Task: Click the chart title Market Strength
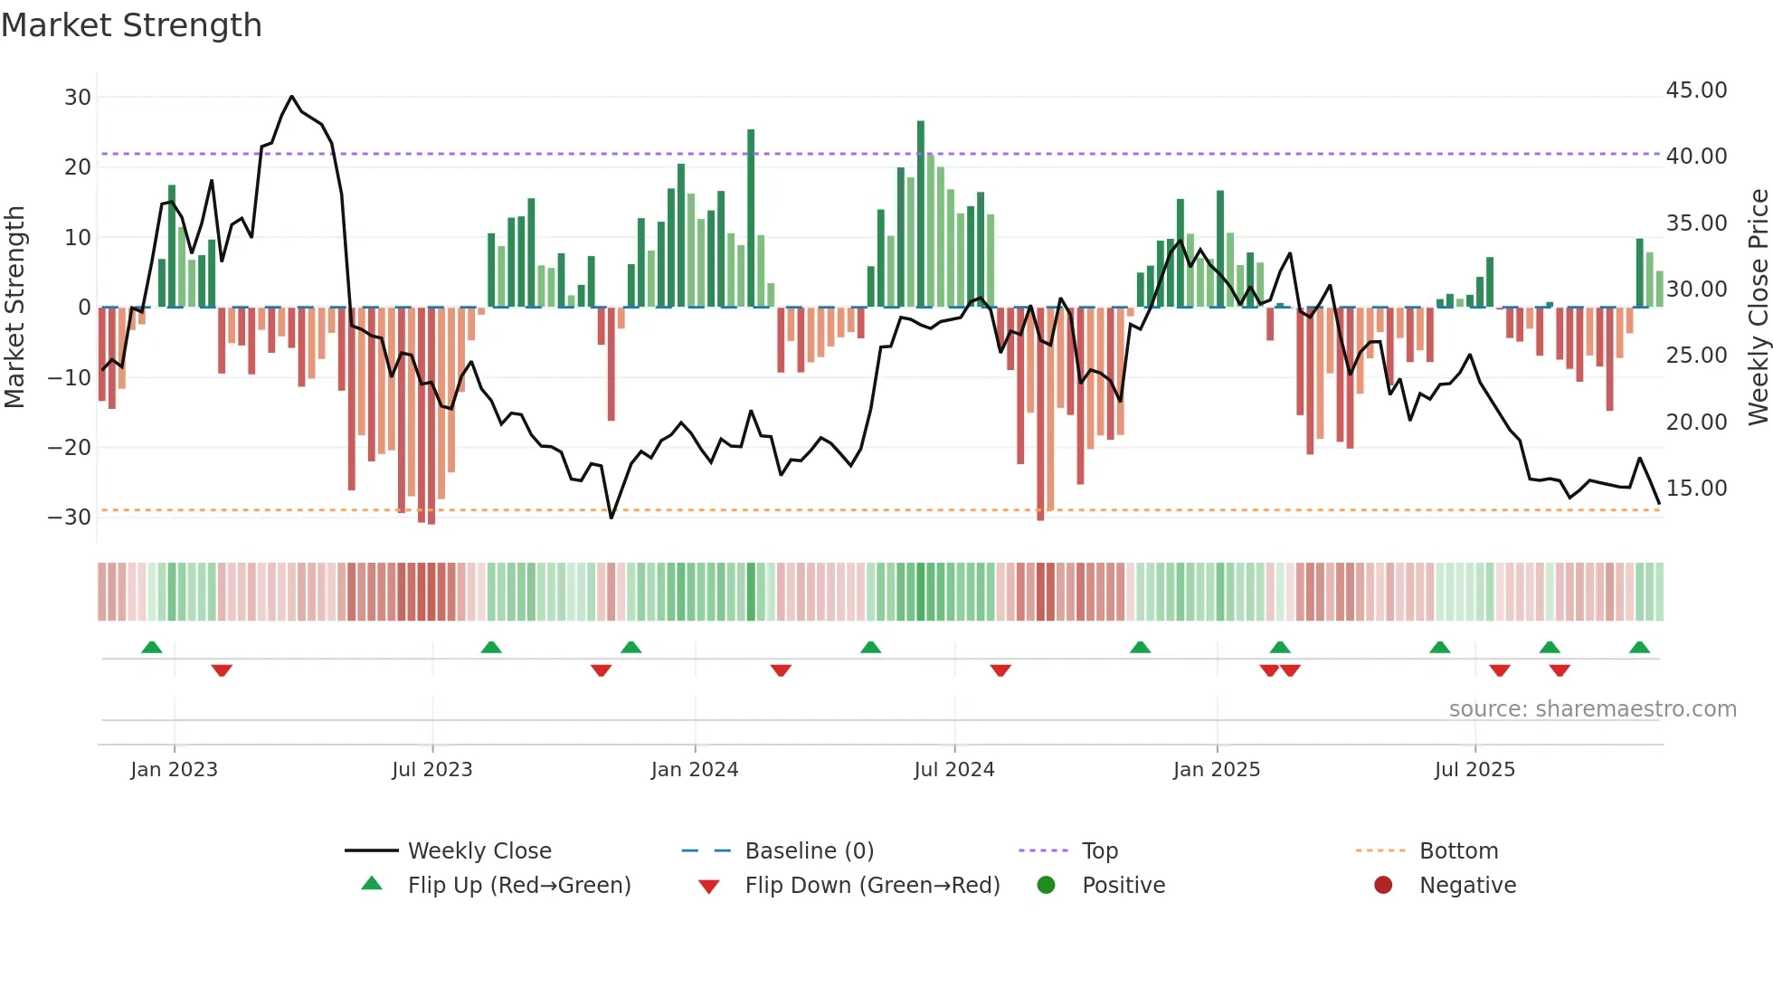click(131, 25)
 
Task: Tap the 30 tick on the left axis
click(78, 97)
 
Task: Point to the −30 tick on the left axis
click(70, 517)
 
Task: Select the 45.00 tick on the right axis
click(1696, 90)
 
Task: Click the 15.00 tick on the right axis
click(1696, 489)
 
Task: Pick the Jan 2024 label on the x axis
click(694, 770)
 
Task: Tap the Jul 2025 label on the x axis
click(1474, 770)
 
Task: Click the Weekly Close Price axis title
click(1758, 308)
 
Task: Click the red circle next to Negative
click(1383, 885)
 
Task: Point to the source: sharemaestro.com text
click(1592, 709)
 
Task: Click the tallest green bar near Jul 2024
click(921, 214)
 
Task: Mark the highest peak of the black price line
click(291, 97)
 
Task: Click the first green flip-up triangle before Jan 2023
click(152, 648)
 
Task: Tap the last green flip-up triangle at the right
click(1639, 648)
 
